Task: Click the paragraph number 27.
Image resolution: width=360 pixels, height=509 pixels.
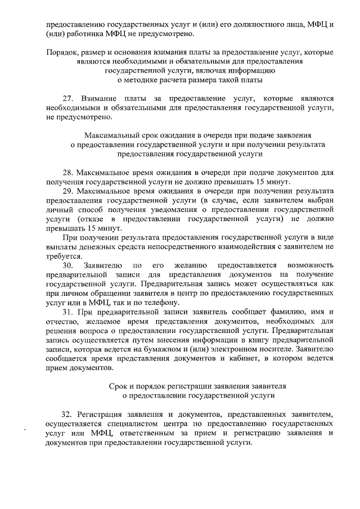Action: [67, 97]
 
